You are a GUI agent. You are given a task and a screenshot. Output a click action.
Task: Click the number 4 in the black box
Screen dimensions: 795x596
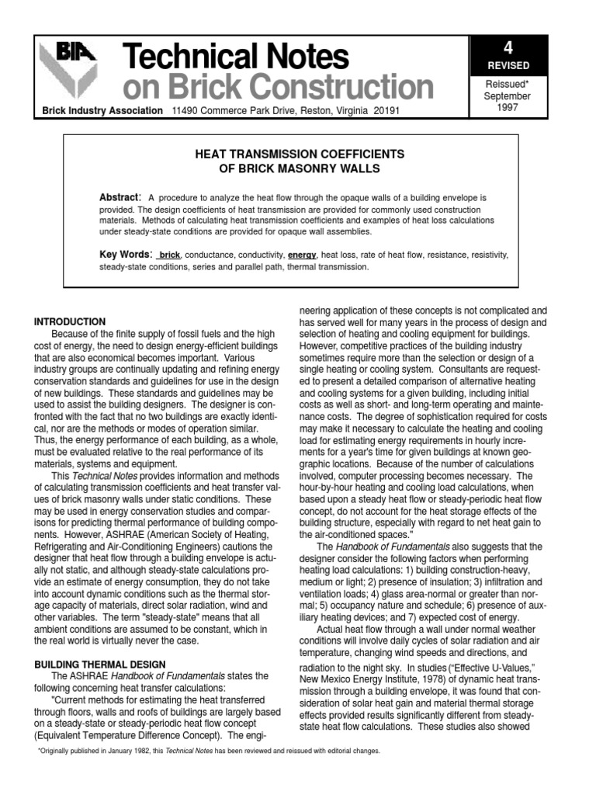point(508,48)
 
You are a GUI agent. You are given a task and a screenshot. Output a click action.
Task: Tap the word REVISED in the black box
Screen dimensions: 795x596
point(508,66)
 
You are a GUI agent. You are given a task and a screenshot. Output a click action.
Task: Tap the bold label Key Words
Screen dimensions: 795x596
point(126,255)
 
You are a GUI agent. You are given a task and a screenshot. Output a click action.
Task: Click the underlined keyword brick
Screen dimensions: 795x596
point(169,255)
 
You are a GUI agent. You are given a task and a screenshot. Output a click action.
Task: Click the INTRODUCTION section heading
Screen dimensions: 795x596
point(70,321)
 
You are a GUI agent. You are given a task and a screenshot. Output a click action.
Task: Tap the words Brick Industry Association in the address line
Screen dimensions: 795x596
point(102,111)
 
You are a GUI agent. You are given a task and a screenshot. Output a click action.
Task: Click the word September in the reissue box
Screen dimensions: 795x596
point(508,96)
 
